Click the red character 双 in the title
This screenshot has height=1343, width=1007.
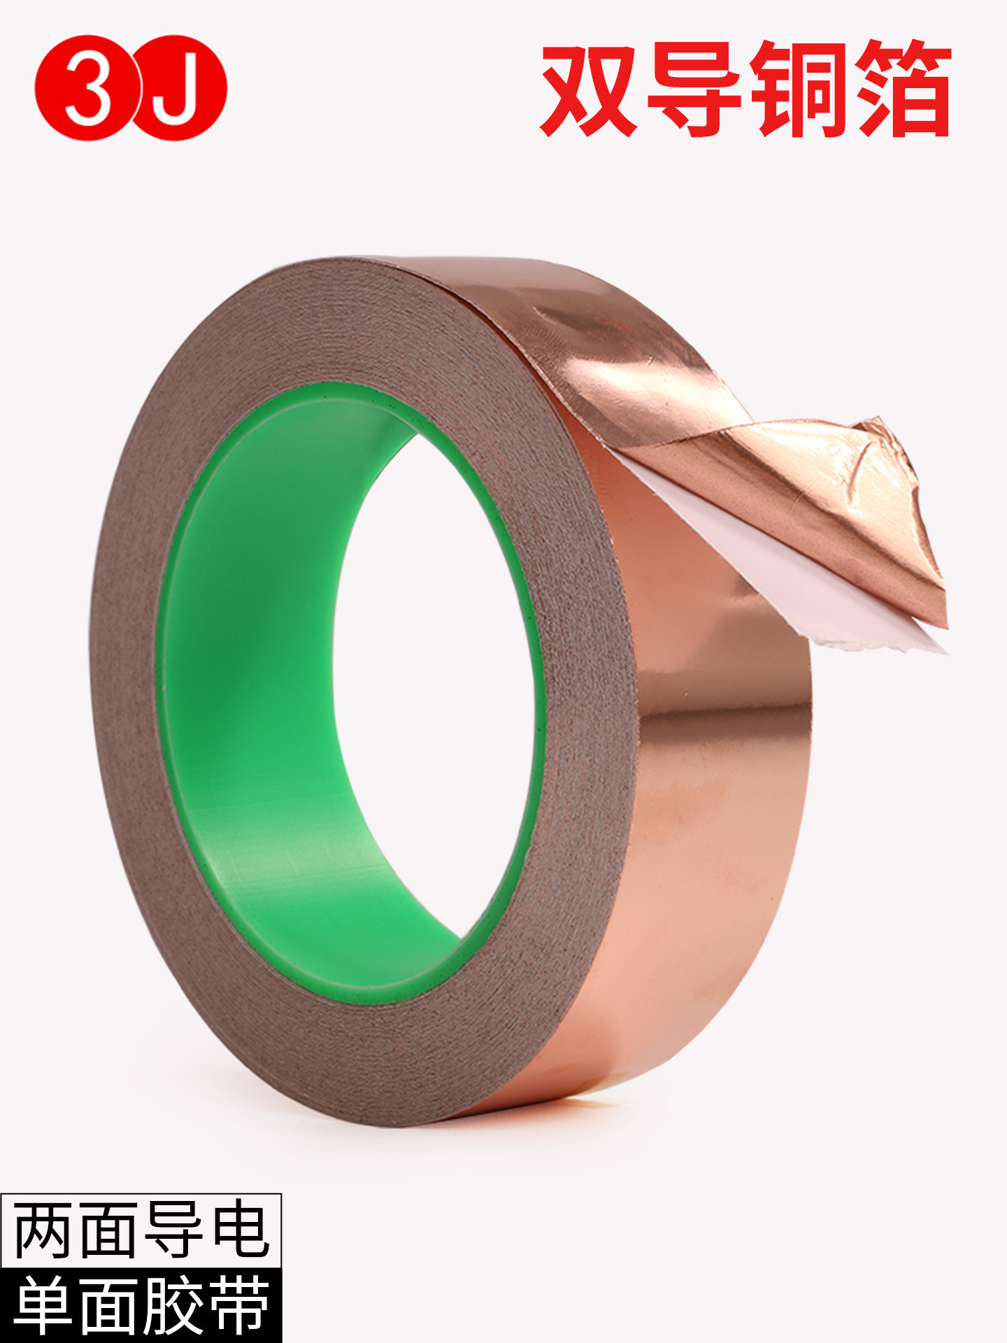[x=589, y=89]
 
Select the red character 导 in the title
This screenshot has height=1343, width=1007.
[x=694, y=89]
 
